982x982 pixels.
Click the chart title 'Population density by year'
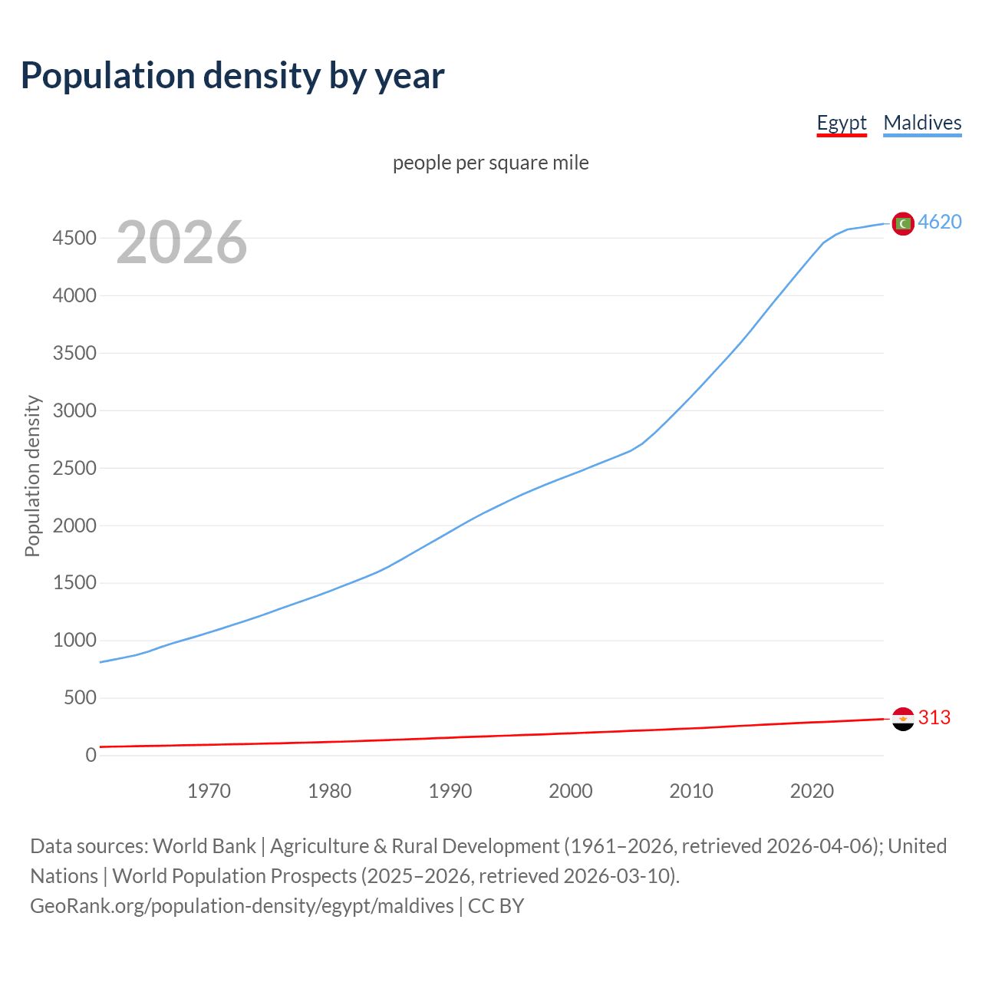[232, 75]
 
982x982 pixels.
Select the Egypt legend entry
[841, 123]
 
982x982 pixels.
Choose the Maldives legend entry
[922, 123]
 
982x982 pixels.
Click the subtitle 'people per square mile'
[490, 163]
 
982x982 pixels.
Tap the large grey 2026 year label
[182, 242]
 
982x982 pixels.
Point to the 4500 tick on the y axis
[74, 238]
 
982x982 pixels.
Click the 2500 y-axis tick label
[74, 468]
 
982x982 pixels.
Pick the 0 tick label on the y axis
[91, 755]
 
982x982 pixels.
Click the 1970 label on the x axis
[209, 791]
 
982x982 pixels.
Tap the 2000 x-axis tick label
[570, 791]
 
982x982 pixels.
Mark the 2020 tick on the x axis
[812, 791]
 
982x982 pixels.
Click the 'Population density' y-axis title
[32, 476]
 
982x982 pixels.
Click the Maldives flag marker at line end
[903, 223]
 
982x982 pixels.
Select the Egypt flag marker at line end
[903, 719]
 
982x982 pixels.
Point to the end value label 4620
[940, 222]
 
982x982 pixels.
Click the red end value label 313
[934, 717]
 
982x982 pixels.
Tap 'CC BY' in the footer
[496, 906]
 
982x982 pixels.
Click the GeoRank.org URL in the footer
[242, 906]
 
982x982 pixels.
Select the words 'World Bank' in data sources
[204, 846]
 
